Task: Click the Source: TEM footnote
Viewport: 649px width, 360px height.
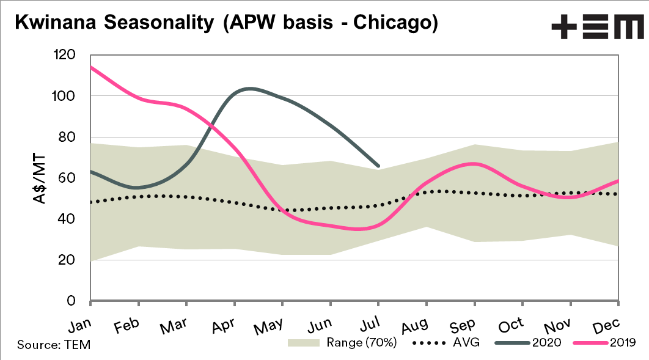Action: [x=54, y=345]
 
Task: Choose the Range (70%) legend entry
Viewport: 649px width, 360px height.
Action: [x=342, y=343]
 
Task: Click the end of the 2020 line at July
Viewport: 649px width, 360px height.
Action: [x=378, y=166]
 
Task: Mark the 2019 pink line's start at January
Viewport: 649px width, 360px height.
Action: [x=91, y=67]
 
